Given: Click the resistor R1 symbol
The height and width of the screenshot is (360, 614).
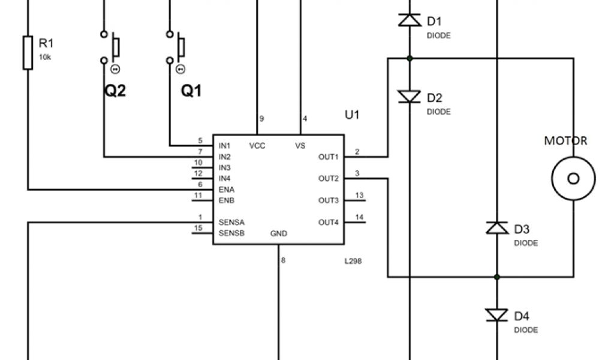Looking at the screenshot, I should tap(28, 52).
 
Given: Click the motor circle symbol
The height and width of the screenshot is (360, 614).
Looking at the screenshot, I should tap(573, 178).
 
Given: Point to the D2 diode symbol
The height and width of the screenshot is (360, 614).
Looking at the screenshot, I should tap(410, 97).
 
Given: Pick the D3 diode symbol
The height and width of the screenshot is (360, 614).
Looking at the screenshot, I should tap(497, 228).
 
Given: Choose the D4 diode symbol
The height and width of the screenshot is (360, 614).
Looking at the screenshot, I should tap(497, 315).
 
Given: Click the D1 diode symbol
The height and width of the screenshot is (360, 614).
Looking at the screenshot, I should tap(410, 20).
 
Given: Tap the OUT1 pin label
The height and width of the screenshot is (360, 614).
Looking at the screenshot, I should tap(329, 157).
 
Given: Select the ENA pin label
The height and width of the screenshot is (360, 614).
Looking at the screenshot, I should tap(226, 190).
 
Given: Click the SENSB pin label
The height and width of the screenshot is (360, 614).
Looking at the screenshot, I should tap(231, 233).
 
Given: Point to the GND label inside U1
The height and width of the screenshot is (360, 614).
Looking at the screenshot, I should tap(279, 233).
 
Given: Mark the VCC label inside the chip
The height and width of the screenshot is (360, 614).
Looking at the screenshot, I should tap(257, 146).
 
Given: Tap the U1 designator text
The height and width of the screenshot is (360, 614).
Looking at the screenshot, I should tap(352, 115).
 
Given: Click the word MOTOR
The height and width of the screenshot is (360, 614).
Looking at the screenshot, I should tap(565, 142).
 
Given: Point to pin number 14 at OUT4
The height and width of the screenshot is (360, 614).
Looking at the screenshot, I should tap(359, 217).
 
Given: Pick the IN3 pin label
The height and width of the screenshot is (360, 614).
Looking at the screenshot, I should tap(225, 168).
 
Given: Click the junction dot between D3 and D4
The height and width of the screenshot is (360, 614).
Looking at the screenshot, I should tap(497, 277).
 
